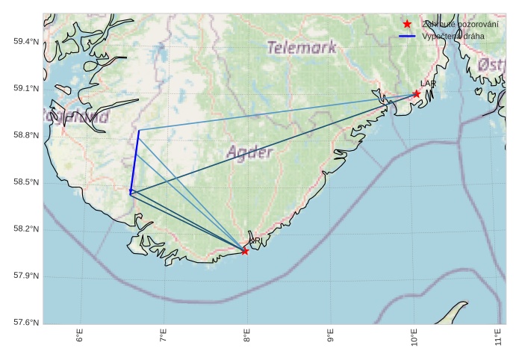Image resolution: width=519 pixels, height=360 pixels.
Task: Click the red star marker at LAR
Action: click(x=416, y=93)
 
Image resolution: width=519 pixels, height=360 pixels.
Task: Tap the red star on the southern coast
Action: click(x=245, y=251)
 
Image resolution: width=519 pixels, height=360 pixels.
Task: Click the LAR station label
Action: click(x=428, y=84)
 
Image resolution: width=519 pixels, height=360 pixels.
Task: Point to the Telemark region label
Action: click(x=301, y=47)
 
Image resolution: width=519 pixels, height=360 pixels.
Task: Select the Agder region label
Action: click(x=249, y=153)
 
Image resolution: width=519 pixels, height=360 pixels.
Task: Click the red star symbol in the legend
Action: click(x=407, y=25)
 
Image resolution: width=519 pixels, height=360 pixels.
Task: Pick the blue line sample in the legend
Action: click(x=407, y=36)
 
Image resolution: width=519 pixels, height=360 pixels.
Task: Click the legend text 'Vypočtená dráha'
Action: click(x=453, y=36)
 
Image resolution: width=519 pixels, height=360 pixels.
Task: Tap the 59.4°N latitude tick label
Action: click(x=26, y=41)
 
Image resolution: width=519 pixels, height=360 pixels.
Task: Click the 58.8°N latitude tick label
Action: click(x=26, y=135)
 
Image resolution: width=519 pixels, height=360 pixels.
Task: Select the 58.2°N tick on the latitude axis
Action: click(x=26, y=229)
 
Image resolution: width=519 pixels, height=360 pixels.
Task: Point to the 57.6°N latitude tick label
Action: click(x=26, y=323)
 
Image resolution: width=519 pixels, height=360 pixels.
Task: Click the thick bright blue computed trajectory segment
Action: click(x=134, y=161)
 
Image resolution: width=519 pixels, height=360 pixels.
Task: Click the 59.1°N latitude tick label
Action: click(x=26, y=88)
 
